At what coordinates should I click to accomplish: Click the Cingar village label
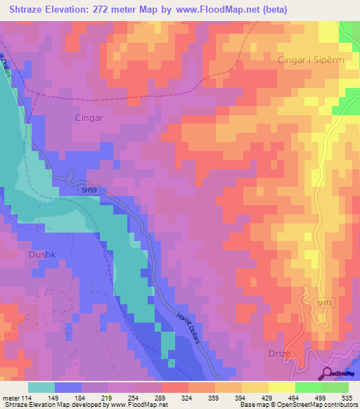click(89, 118)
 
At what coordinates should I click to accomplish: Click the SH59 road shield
click(88, 190)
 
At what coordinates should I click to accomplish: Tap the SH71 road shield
click(324, 303)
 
